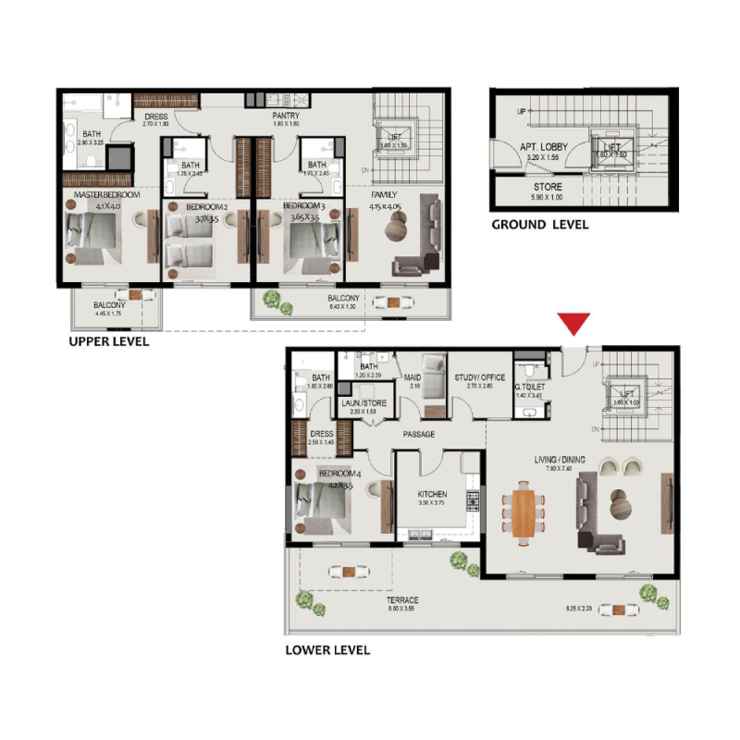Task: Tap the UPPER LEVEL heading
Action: (108, 341)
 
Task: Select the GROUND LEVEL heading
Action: (539, 225)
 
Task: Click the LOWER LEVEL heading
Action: (327, 650)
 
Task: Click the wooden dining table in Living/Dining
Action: (523, 512)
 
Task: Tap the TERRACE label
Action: (403, 600)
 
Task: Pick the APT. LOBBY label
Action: (542, 147)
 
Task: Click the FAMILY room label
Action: (384, 196)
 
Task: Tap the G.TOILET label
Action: (531, 388)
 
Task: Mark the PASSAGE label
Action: (419, 434)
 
